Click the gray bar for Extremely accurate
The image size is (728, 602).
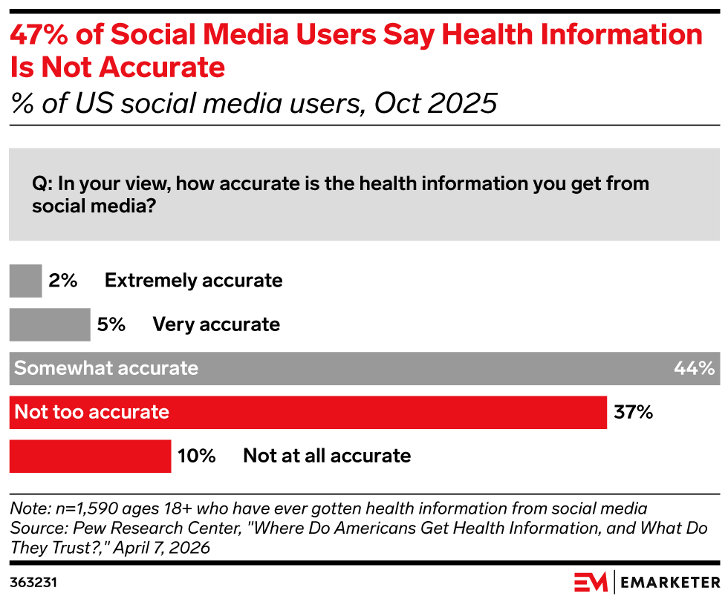(25, 281)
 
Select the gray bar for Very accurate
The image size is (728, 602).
(49, 324)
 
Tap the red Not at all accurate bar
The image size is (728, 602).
(90, 455)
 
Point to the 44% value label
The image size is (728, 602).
(694, 368)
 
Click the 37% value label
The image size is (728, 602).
(633, 412)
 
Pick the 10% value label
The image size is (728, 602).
(196, 456)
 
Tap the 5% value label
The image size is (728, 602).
(111, 324)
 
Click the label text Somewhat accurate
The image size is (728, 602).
(106, 368)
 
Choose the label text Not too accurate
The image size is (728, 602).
(92, 412)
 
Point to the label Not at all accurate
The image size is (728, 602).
(327, 456)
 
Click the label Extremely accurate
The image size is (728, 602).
(193, 281)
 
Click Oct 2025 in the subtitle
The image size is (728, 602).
(435, 103)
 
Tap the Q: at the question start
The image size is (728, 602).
(42, 183)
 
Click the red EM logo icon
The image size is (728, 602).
(591, 582)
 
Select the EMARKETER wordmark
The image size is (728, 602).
(669, 582)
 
